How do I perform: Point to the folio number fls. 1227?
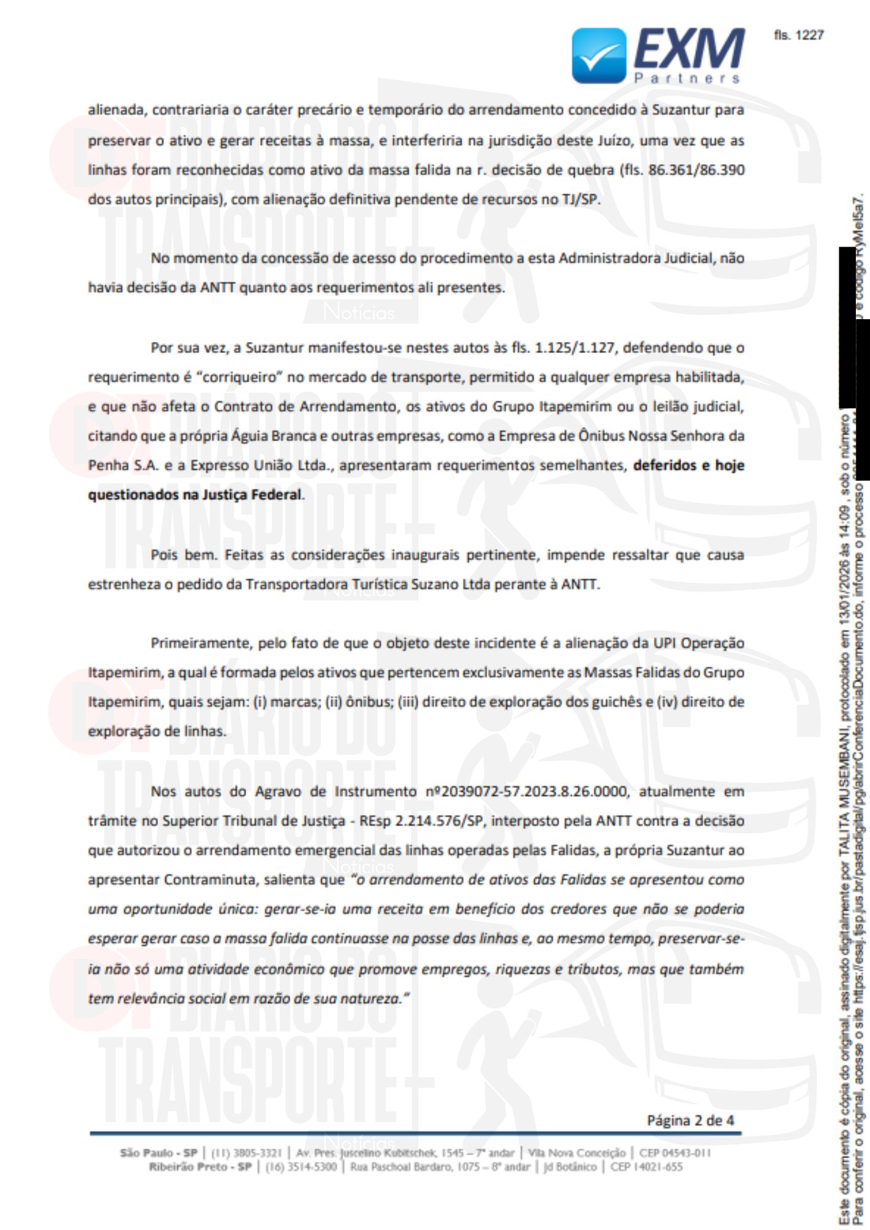point(798,35)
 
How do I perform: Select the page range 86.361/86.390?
point(696,170)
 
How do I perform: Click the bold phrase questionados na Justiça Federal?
point(194,495)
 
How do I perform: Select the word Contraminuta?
point(209,880)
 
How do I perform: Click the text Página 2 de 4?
point(690,1121)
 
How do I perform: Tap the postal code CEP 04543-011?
point(675,1153)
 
